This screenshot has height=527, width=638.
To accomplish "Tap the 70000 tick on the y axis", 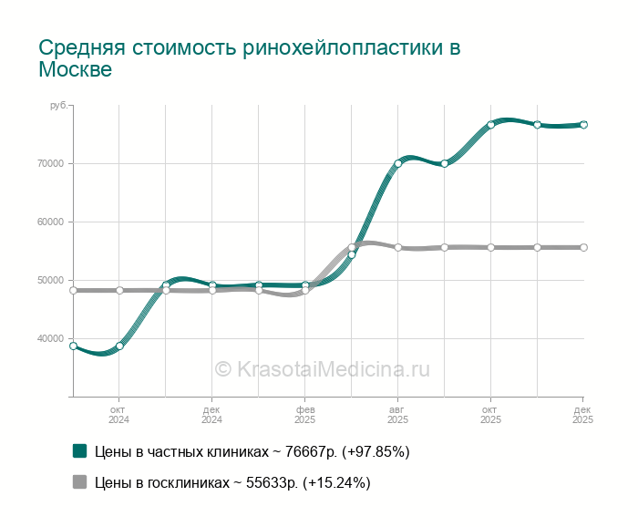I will pyautogui.click(x=50, y=164).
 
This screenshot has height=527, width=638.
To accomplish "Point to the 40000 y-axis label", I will pyautogui.click(x=50, y=339).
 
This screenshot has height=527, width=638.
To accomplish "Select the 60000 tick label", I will pyautogui.click(x=50, y=222).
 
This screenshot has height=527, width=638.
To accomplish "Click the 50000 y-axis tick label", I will pyautogui.click(x=50, y=281).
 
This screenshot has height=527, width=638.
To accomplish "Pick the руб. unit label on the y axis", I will pyautogui.click(x=58, y=107).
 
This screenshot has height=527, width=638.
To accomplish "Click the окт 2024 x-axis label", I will pyautogui.click(x=119, y=415).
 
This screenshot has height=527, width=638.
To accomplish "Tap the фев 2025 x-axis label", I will pyautogui.click(x=305, y=415).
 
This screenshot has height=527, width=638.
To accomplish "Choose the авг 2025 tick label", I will pyautogui.click(x=397, y=415).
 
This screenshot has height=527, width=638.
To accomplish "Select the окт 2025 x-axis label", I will pyautogui.click(x=490, y=415).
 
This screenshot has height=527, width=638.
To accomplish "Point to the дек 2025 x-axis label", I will pyautogui.click(x=582, y=415).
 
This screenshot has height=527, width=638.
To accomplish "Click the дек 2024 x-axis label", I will pyautogui.click(x=211, y=415).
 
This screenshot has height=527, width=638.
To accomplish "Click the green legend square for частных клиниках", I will pyautogui.click(x=79, y=450).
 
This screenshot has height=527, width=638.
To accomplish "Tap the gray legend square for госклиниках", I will pyautogui.click(x=79, y=482).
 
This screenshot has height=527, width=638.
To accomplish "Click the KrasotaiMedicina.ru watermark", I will pyautogui.click(x=322, y=369).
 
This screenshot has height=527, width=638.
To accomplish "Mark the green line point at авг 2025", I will pyautogui.click(x=397, y=164).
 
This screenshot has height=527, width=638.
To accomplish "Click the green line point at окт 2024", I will pyautogui.click(x=119, y=346).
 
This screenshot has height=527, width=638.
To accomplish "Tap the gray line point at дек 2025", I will pyautogui.click(x=583, y=247).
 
